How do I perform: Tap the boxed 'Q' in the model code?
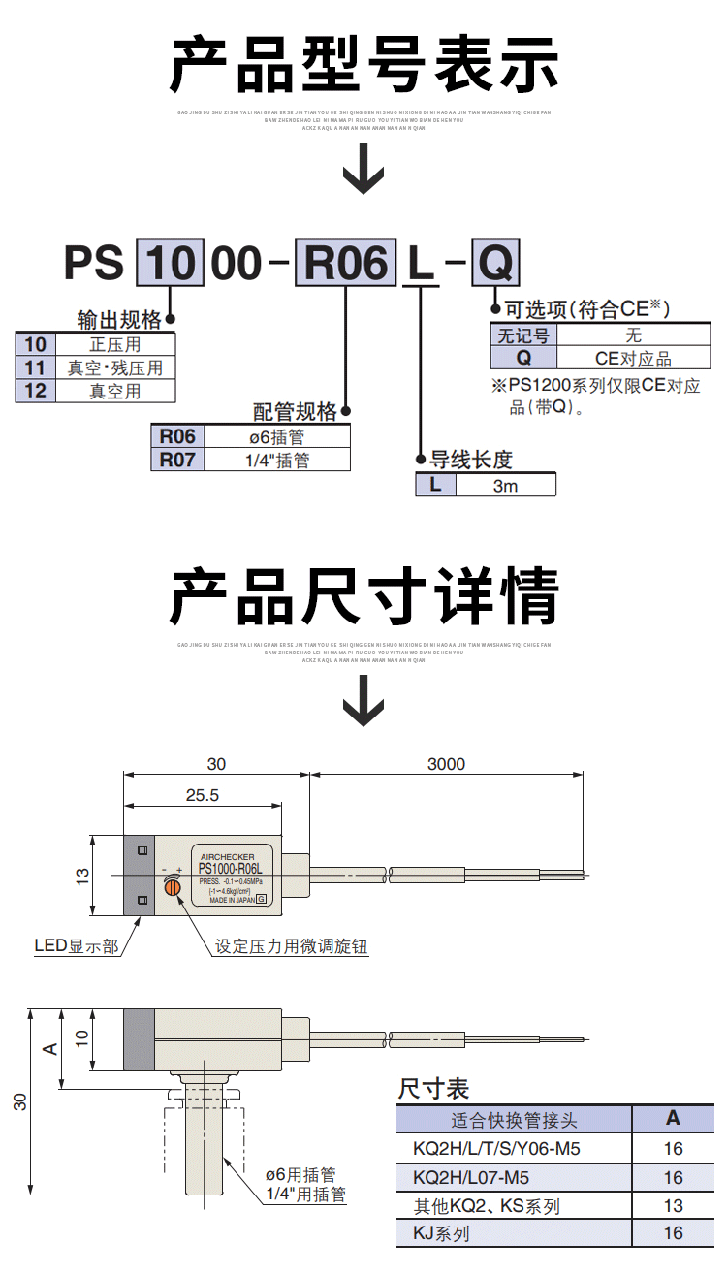pos(495,264)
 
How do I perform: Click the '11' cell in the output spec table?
pos(36,367)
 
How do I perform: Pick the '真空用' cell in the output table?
pos(115,392)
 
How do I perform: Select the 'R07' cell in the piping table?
pos(177,461)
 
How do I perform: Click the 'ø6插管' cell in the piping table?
pos(277,437)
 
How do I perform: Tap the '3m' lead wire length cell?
pos(505,485)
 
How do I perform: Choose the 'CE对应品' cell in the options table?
pos(633,359)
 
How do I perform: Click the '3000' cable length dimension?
pos(446,764)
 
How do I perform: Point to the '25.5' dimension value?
pos(202,795)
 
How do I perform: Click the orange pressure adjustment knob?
pos(174,886)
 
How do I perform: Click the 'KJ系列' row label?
pos(441,1234)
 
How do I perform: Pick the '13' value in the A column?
pos(673,1206)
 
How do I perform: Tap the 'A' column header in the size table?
pos(673,1118)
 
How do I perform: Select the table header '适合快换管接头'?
pos(514,1120)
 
